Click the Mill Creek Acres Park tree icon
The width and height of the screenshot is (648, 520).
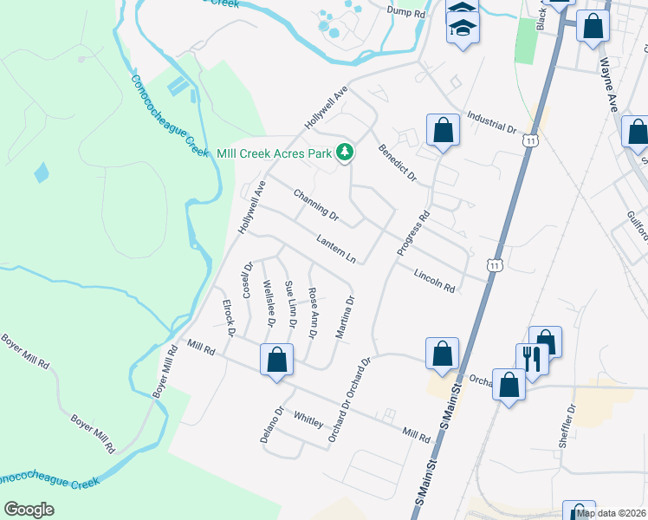[x=346, y=153]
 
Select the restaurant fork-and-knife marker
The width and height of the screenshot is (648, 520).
[x=531, y=358]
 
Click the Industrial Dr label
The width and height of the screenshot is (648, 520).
[x=491, y=122]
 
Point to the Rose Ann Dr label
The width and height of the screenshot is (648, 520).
[x=314, y=313]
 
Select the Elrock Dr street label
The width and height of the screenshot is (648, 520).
[x=230, y=318]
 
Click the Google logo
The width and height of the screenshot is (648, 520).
[x=29, y=510]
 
